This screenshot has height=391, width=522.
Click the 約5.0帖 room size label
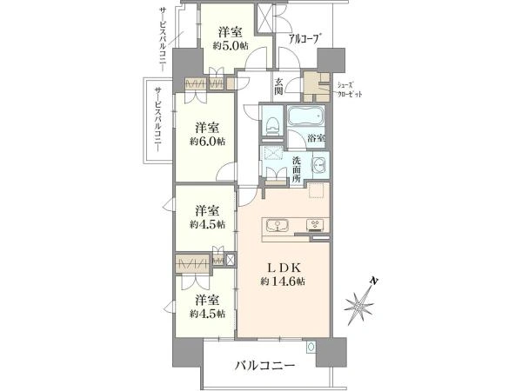(x=231, y=46)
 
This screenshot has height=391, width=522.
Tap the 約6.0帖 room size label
(x=207, y=142)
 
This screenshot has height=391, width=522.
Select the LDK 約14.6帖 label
(x=283, y=275)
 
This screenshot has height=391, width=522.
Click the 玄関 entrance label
(x=278, y=86)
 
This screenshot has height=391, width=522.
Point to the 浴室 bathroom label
(x=317, y=138)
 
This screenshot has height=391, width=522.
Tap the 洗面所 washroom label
(x=297, y=169)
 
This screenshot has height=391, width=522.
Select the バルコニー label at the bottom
(x=265, y=367)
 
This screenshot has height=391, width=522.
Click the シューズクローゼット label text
(x=350, y=89)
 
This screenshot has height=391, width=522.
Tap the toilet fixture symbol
(x=272, y=124)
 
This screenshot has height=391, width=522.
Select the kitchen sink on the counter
(x=277, y=225)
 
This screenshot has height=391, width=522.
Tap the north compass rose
(x=360, y=303)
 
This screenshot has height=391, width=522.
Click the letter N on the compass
(x=374, y=282)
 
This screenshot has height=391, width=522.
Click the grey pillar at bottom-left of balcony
(x=187, y=352)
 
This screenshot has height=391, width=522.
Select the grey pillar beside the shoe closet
(x=331, y=60)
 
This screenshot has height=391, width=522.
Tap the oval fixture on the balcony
(x=311, y=347)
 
